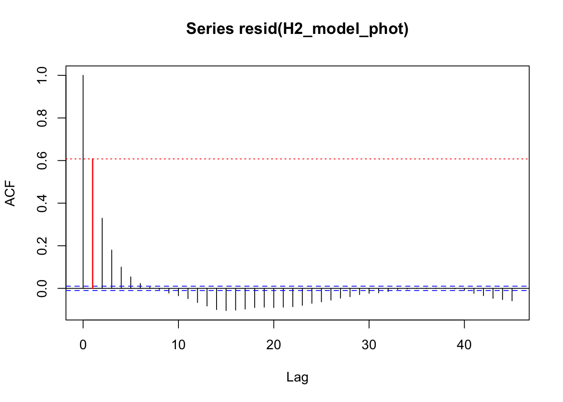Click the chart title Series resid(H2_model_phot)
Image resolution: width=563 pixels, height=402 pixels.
coord(297,29)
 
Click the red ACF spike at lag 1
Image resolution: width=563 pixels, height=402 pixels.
coord(93,224)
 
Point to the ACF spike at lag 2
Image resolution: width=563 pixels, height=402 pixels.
coord(102,253)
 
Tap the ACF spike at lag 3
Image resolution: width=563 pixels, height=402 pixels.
coord(112,269)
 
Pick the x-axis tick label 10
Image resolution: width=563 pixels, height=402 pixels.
coord(178,345)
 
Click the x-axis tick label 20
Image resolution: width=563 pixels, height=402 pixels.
coord(274,345)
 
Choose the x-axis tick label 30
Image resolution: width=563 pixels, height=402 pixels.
coord(369,345)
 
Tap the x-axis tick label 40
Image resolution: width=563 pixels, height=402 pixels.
coord(464,345)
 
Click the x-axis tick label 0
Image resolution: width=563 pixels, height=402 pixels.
coord(83,345)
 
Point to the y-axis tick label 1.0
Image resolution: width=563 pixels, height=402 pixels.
coord(42,75)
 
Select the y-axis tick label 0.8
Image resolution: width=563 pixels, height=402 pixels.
coord(42,118)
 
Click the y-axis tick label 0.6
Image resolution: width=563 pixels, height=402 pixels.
coord(42,161)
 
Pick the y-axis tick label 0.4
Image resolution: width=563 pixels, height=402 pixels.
coord(42,203)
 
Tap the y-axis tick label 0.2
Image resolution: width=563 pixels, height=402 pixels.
coord(42,246)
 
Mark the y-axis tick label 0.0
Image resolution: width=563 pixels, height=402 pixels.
coord(42,289)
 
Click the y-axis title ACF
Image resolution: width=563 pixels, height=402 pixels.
coord(10,193)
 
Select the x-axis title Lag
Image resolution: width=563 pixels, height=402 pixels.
coord(297,377)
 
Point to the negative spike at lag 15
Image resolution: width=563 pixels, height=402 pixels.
coord(226,299)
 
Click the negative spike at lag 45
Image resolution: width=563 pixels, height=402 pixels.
coord(512,295)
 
